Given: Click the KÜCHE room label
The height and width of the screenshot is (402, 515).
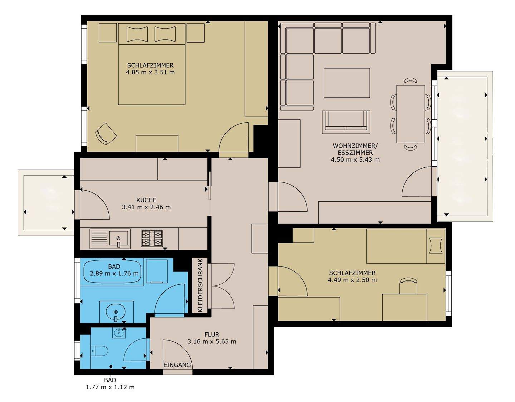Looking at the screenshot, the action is click(146, 200).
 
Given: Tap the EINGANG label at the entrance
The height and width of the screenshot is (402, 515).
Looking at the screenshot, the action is click(177, 365).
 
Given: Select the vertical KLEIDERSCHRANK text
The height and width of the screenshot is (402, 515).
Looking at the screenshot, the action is click(200, 285).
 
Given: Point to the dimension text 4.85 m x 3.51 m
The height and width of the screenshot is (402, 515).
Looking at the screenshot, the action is click(150, 72).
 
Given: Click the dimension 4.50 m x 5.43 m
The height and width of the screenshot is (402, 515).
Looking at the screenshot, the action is click(355, 160).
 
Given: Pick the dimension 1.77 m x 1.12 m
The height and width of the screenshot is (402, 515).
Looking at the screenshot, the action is click(110, 387).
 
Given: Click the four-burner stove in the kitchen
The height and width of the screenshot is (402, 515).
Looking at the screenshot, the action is click(152, 238).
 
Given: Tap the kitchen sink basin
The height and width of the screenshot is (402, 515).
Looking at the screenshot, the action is click(118, 238).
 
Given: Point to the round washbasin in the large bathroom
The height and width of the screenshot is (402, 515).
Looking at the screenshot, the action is click(116, 312).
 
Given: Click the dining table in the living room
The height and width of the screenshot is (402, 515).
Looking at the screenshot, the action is click(411, 114).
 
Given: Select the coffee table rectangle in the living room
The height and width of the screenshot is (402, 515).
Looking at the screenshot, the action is click(347, 83).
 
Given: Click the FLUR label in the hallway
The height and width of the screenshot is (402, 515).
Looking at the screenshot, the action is click(212, 334).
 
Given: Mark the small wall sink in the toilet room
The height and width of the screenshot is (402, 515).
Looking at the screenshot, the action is click(119, 333).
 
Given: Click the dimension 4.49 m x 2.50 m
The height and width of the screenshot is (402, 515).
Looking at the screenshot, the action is click(352, 280).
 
